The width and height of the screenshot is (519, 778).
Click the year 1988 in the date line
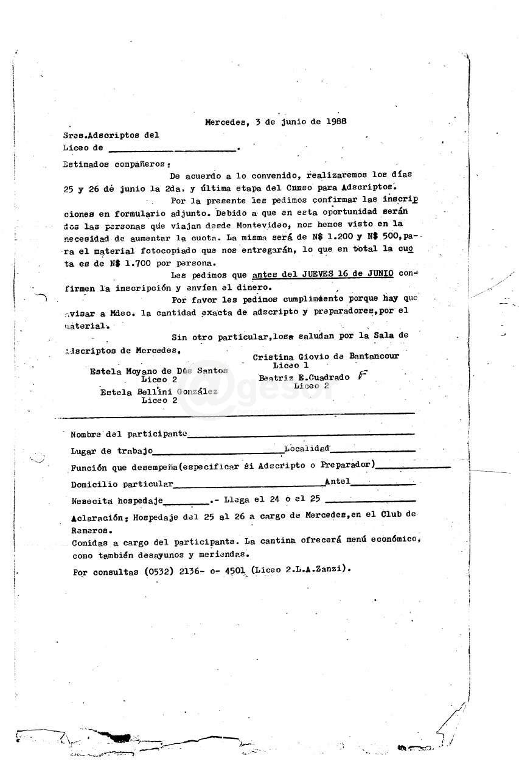click(335, 121)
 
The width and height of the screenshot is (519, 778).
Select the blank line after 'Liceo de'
click(173, 149)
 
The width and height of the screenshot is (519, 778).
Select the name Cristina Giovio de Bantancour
click(326, 356)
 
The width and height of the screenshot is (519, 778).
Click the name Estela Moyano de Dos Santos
click(159, 370)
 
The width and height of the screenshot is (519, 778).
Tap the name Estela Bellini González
click(159, 392)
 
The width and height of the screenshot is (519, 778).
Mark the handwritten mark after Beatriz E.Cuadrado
click(363, 376)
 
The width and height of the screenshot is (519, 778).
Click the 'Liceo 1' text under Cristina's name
click(286, 365)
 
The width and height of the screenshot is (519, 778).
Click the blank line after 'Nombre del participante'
click(301, 435)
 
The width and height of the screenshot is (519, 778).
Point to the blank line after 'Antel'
click(383, 485)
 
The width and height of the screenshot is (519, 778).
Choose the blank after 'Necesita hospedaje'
click(186, 502)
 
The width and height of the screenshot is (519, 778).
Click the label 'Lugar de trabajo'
click(111, 451)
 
